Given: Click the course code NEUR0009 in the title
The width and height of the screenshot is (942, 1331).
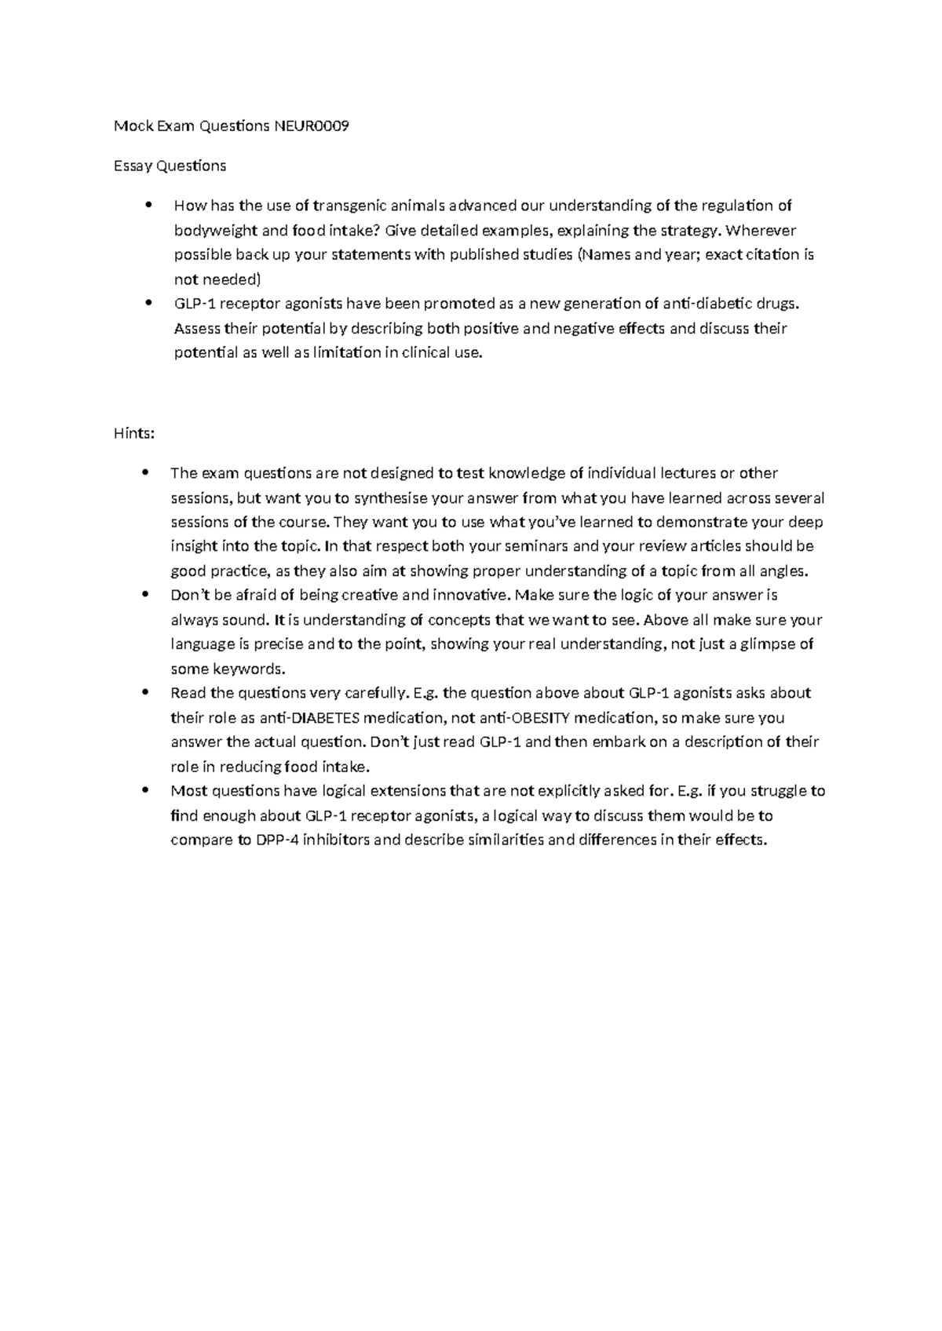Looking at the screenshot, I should tap(311, 126).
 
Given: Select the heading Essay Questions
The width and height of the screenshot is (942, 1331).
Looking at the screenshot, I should tap(170, 166).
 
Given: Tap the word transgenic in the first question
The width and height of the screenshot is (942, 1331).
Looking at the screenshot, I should tap(349, 206).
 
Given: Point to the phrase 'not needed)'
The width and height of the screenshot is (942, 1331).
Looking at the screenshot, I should tap(216, 279).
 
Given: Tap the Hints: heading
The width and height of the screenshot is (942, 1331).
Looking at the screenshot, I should tap(134, 433).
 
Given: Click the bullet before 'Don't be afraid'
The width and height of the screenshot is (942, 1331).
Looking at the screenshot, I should tap(147, 596).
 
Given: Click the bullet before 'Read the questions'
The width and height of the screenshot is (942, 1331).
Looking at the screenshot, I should tap(147, 693).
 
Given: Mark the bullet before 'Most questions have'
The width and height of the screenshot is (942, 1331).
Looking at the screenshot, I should tap(147, 791).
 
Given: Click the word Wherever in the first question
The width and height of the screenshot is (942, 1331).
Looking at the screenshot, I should tap(761, 231).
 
